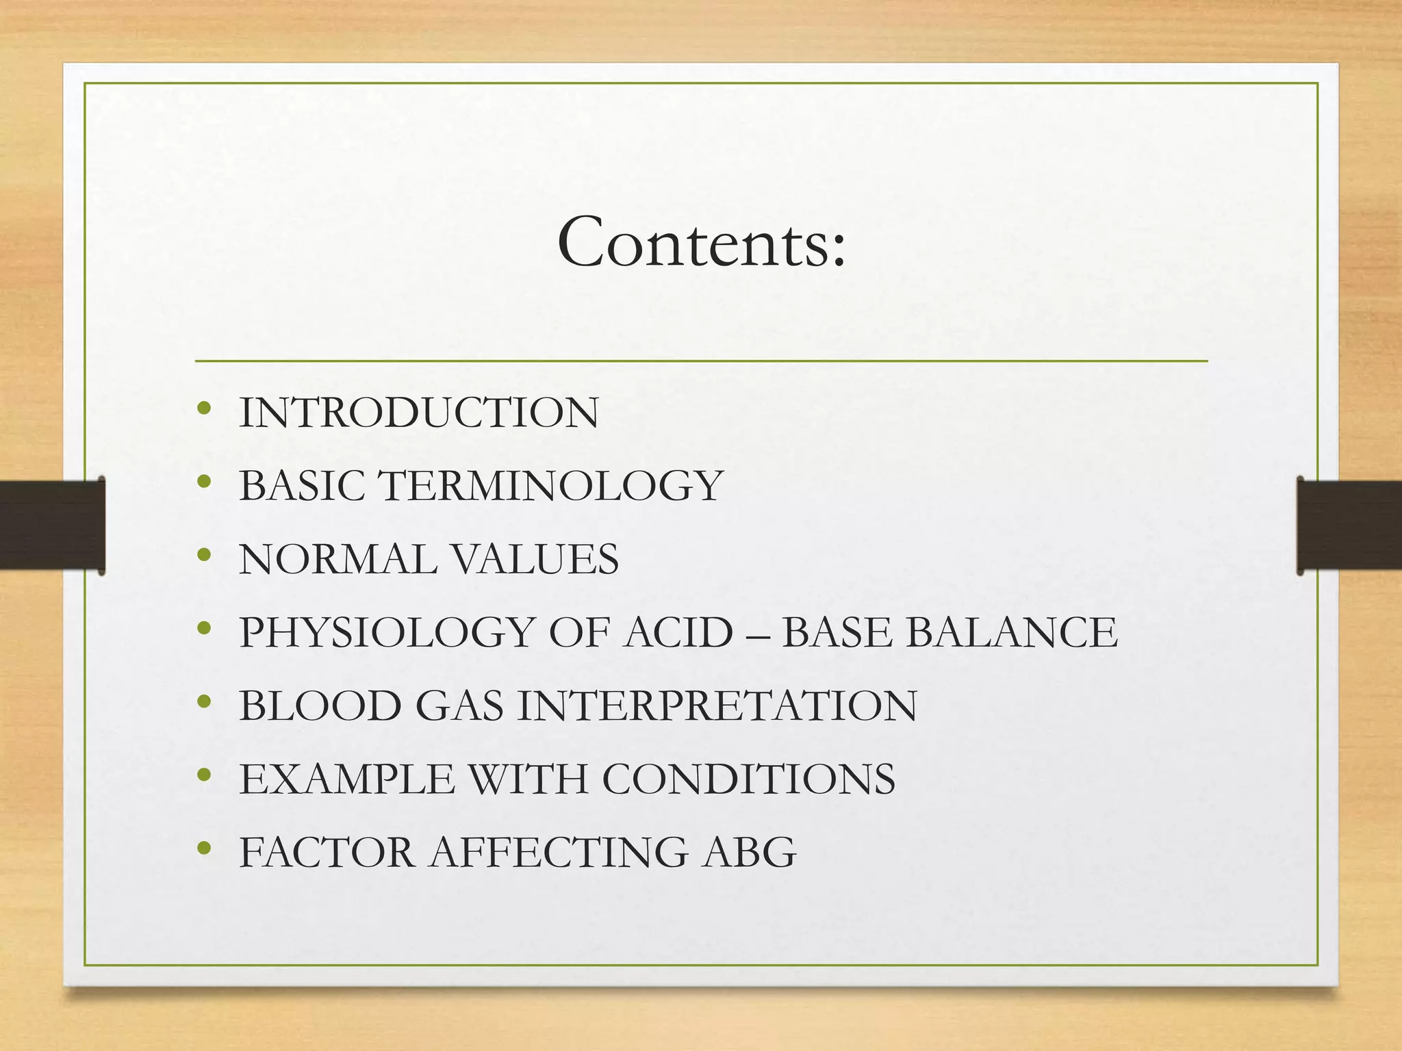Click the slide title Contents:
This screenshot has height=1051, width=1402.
tap(702, 243)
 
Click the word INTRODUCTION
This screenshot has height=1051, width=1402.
tap(419, 413)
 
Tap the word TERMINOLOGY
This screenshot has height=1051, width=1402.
tap(551, 486)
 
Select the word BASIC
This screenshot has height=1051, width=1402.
tap(302, 486)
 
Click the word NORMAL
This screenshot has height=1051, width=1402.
tap(338, 559)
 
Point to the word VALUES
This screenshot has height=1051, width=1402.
tap(536, 559)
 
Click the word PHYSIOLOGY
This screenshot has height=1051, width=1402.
tap(387, 632)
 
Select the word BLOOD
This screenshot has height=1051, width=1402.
tap(320, 705)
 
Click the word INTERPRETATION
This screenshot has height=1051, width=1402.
tap(717, 705)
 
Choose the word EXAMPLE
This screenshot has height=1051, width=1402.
tap(347, 779)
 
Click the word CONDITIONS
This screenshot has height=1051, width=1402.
tap(749, 779)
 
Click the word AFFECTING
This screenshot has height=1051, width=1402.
tap(558, 852)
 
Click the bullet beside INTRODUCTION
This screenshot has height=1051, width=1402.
tap(203, 408)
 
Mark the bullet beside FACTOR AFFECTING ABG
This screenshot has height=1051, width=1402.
tap(203, 848)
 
